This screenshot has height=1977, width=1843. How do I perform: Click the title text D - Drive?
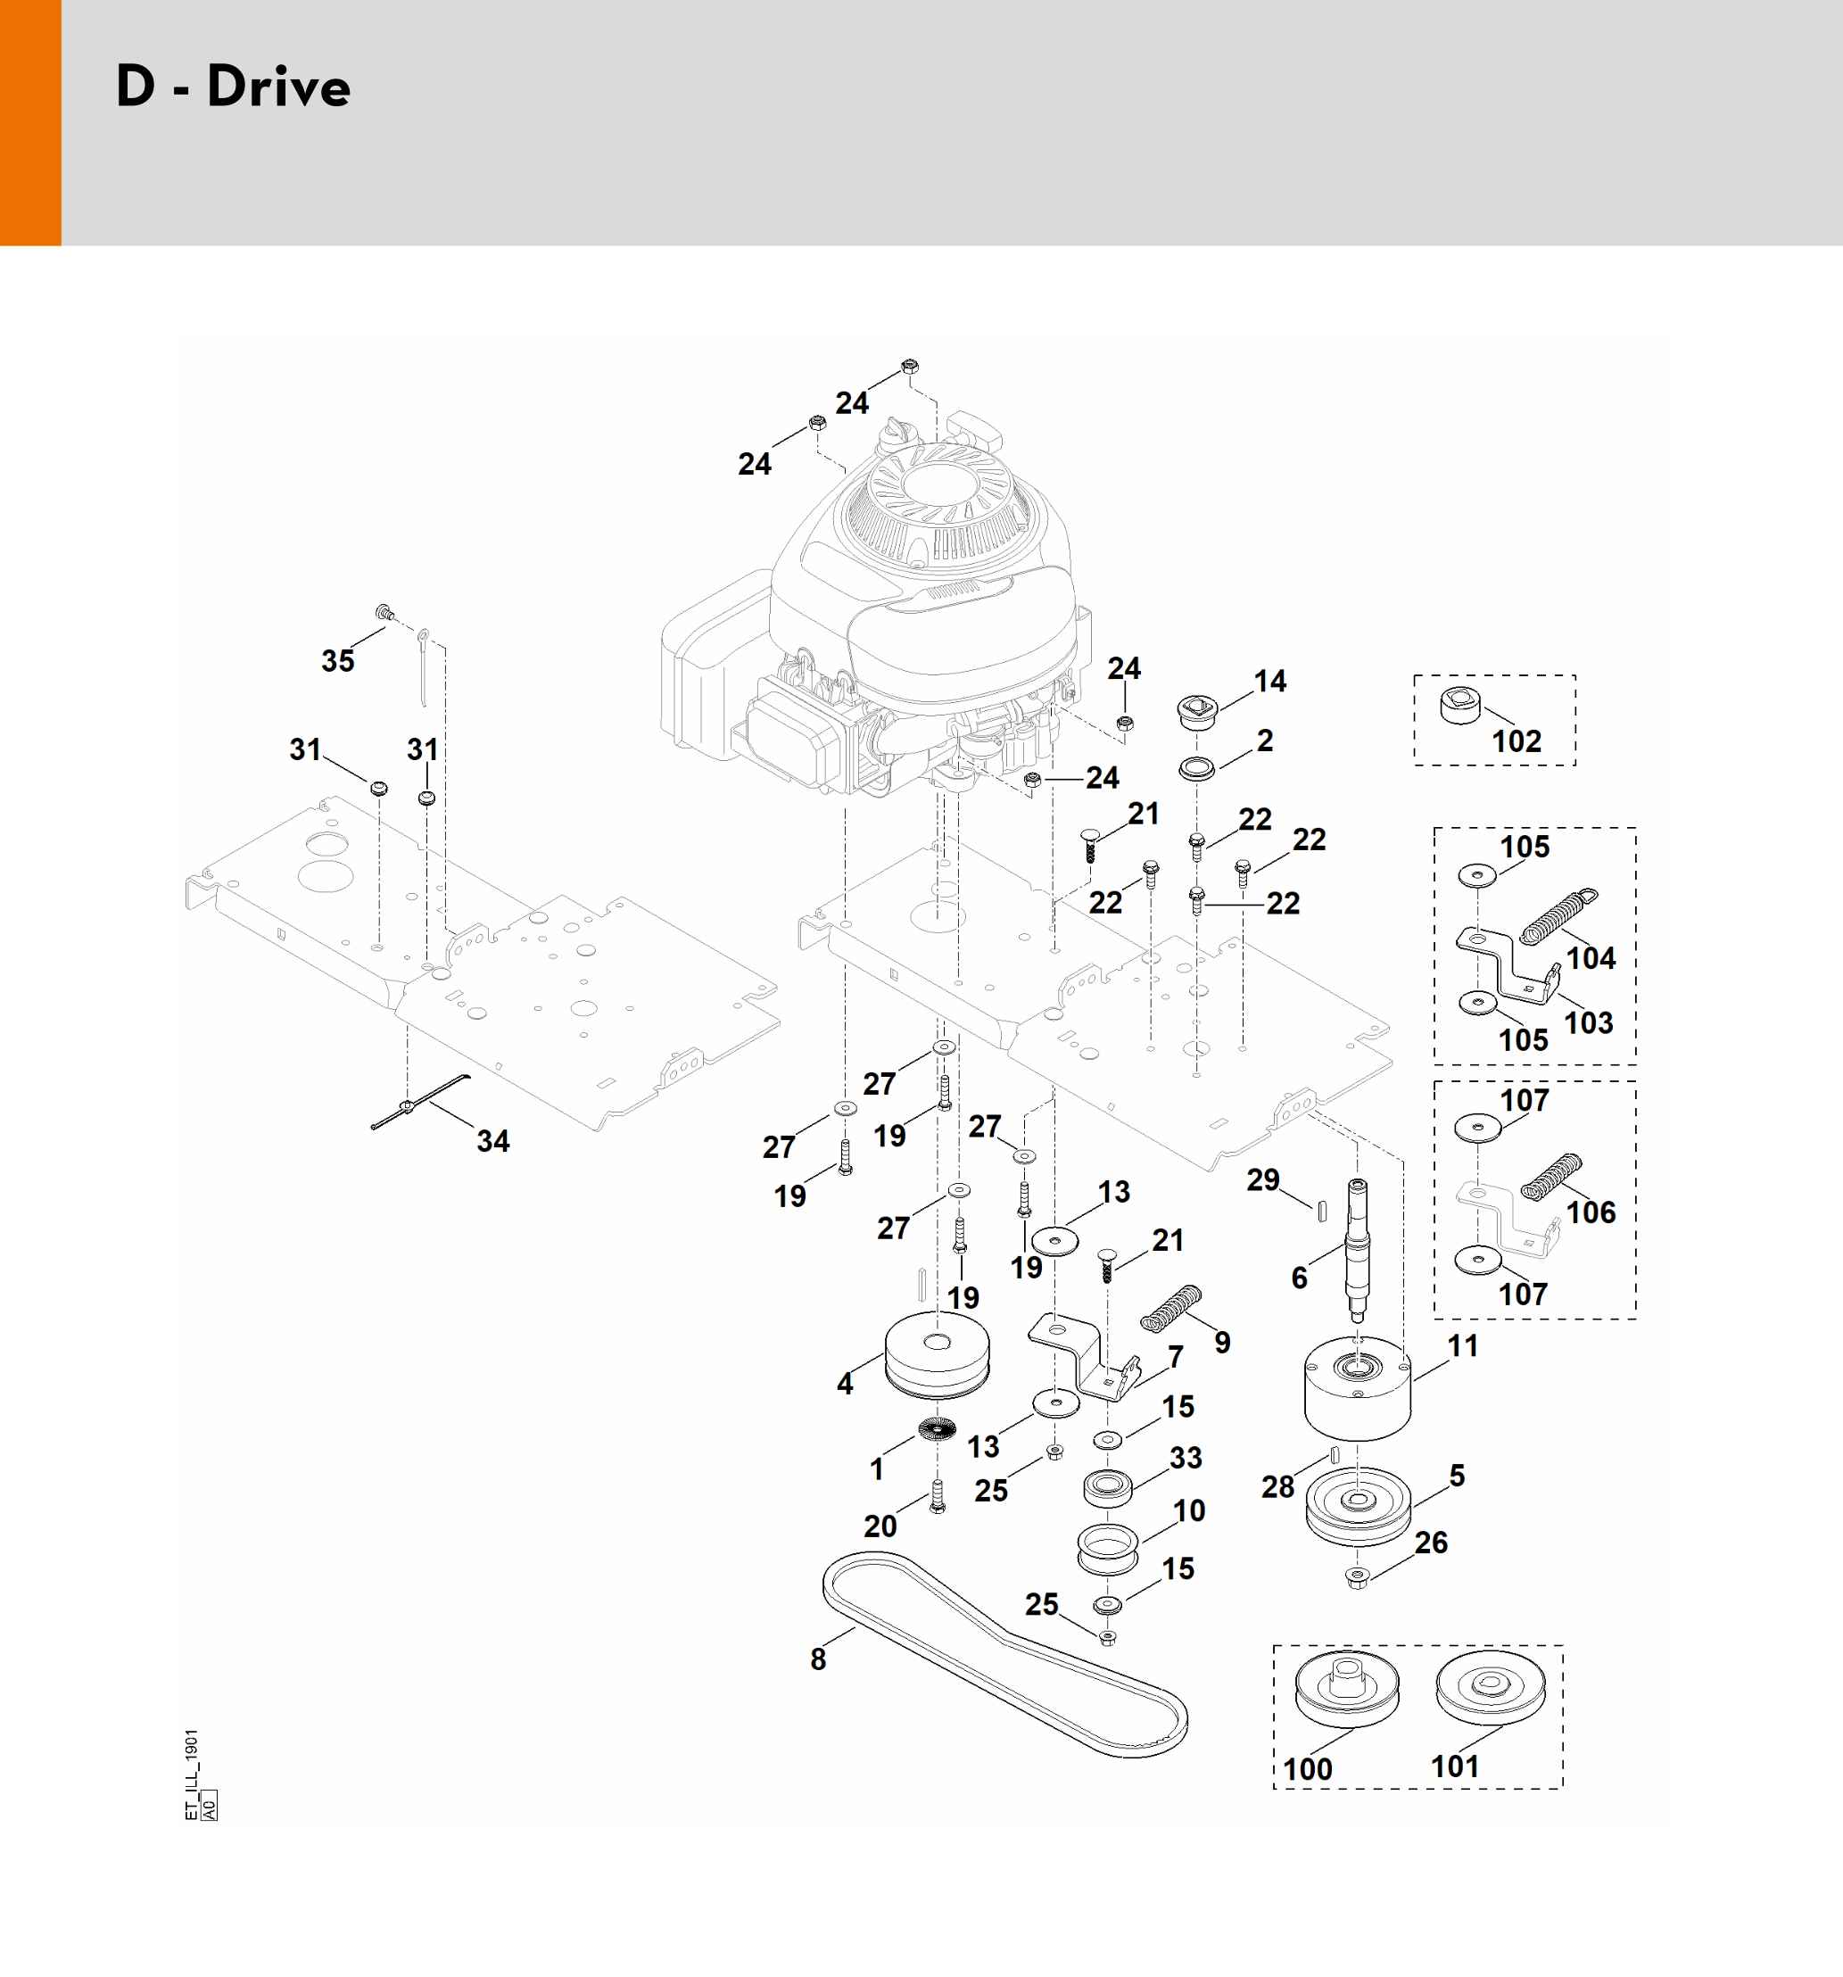pyautogui.click(x=233, y=87)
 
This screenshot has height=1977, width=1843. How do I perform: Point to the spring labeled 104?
pyautogui.click(x=1558, y=915)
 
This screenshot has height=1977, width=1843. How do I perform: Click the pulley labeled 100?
pyautogui.click(x=1347, y=1692)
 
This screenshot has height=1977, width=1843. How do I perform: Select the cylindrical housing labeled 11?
pyautogui.click(x=1357, y=1393)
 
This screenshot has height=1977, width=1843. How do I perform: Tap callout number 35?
pyautogui.click(x=338, y=660)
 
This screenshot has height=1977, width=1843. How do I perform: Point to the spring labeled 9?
pyautogui.click(x=1171, y=1308)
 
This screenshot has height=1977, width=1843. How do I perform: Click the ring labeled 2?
pyautogui.click(x=1196, y=769)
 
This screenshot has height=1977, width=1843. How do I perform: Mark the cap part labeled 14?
pyautogui.click(x=1196, y=711)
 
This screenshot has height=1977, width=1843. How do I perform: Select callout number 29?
pyautogui.click(x=1263, y=1180)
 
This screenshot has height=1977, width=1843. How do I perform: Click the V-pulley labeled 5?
pyautogui.click(x=1358, y=1506)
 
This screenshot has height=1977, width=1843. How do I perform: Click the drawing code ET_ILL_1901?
pyautogui.click(x=192, y=1775)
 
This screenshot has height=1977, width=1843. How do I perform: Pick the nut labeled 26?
pyautogui.click(x=1357, y=1576)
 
